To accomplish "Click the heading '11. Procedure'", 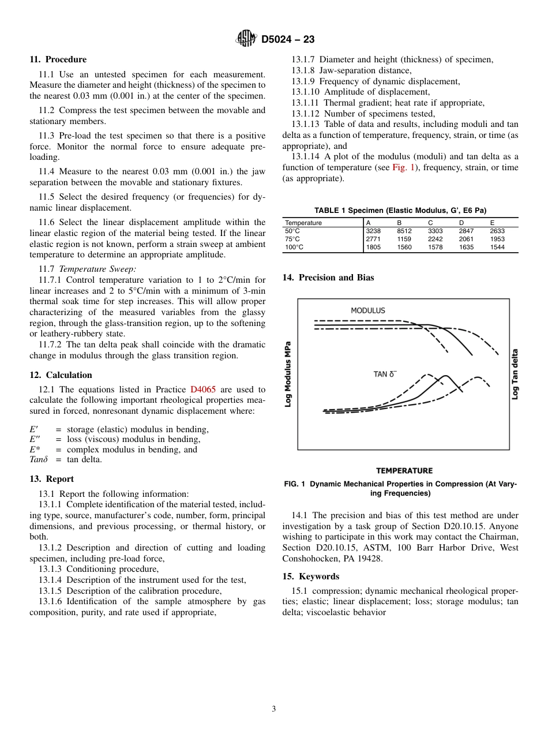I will (x=58, y=59).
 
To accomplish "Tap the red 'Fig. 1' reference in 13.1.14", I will (x=402, y=167).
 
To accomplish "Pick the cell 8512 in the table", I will (x=404, y=231).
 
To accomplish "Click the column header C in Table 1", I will (x=430, y=223).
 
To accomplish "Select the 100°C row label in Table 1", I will (x=295, y=247).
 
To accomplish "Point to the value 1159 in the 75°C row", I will (x=404, y=239).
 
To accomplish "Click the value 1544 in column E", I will (x=497, y=247).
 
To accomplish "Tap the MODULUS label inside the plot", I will (x=367, y=310).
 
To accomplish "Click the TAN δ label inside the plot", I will (x=385, y=375).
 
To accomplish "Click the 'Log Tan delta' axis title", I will (x=515, y=374).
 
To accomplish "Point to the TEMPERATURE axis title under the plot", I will (x=404, y=470).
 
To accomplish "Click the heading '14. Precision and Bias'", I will (x=328, y=278).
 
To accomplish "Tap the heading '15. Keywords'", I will (x=310, y=576).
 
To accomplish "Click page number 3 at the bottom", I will (x=274, y=709).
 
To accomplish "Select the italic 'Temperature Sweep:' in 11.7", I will (x=97, y=269).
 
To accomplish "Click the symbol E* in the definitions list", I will (x=35, y=450).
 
